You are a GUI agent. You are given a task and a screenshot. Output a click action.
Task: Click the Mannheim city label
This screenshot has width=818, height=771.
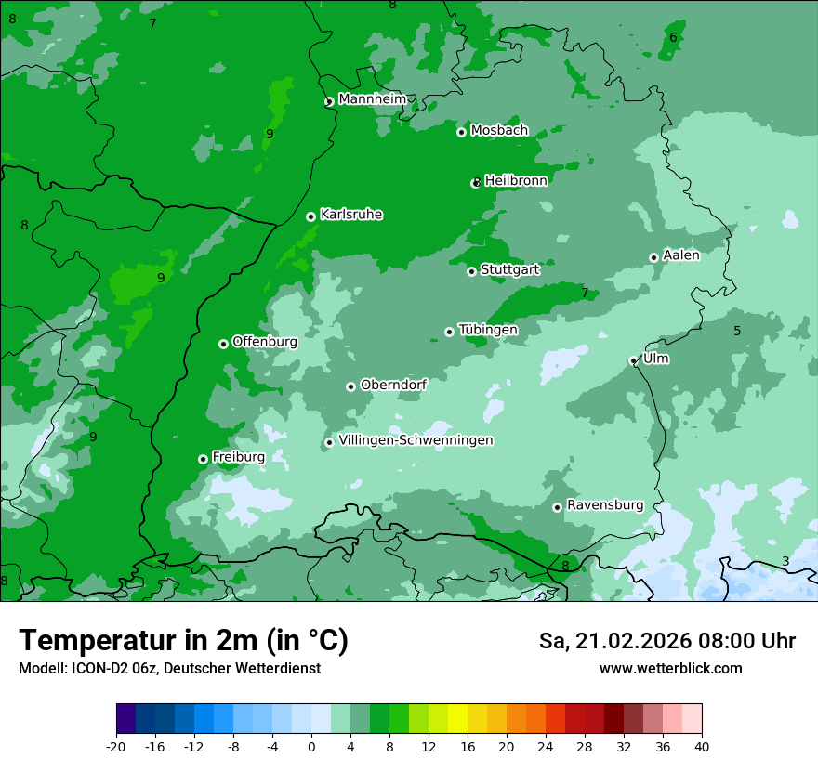372,98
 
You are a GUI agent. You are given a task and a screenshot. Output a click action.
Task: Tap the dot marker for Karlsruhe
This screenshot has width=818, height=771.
310,216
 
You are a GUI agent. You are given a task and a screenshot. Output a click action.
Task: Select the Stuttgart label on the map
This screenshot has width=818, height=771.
509,269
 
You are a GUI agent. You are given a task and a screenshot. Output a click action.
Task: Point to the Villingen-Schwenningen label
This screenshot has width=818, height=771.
416,440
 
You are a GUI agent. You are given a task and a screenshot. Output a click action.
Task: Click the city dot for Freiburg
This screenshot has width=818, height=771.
203,459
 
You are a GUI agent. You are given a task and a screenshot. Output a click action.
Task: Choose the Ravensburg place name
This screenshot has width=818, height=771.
604,505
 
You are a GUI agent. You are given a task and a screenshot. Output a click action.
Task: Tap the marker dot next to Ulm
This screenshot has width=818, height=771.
633,360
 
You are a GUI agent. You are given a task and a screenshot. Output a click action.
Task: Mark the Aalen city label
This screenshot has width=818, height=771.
680,255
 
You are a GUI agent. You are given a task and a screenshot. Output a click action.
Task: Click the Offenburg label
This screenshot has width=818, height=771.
264,342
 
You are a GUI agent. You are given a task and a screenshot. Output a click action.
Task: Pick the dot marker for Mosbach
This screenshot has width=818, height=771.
461,132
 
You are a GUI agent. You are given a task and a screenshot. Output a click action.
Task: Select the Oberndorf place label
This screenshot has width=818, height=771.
393,385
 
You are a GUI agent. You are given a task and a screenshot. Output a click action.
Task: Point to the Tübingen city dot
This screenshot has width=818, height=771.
449,332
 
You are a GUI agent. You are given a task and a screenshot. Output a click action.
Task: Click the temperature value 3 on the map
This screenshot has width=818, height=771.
785,561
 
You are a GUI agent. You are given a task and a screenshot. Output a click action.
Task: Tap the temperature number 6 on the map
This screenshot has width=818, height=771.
673,37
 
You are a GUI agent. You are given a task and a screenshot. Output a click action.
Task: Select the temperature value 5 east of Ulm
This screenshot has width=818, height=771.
737,331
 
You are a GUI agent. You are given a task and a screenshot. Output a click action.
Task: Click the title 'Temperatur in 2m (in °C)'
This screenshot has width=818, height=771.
183,640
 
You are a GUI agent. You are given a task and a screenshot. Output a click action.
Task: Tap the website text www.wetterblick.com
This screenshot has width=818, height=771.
670,668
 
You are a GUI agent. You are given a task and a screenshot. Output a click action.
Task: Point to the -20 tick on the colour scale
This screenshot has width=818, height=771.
116,746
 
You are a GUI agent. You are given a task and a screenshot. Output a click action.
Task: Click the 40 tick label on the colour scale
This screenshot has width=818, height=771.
702,746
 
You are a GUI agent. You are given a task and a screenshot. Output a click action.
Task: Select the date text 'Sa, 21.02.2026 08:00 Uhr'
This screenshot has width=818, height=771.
666,641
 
